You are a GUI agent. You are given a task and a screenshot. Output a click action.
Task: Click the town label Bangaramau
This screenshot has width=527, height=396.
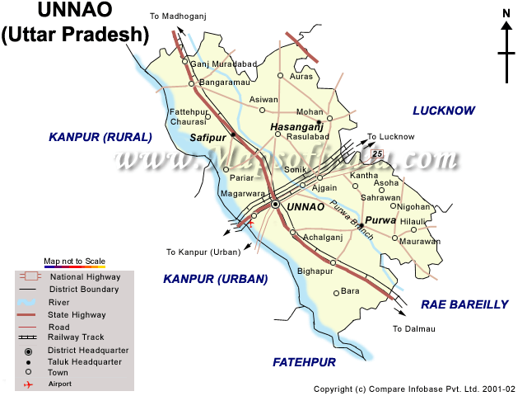coord(224,83)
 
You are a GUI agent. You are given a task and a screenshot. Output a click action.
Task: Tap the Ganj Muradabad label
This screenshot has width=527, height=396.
coord(224,64)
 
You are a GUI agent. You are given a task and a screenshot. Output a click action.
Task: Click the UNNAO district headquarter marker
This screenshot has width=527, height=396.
coord(275,204)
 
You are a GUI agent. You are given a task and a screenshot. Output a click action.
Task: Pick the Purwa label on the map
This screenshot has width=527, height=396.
coord(381,220)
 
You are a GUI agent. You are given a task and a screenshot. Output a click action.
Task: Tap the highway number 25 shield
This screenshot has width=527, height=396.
coord(377,153)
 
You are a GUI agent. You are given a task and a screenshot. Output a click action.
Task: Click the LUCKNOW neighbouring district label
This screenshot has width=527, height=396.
coord(445,110)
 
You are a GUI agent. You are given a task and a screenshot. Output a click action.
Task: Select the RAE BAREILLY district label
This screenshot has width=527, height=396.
coord(464,304)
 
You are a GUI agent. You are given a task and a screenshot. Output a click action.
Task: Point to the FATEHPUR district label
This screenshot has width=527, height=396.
coord(305,362)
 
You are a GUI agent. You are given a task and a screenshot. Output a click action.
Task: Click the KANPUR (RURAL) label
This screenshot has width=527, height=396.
coord(100,137)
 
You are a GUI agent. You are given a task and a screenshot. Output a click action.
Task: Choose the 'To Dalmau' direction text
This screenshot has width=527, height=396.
coord(413,329)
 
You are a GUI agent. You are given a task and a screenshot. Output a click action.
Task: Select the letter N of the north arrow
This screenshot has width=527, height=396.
coord(506,13)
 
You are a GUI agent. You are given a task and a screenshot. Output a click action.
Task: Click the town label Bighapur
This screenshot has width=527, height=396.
coord(315,271)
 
